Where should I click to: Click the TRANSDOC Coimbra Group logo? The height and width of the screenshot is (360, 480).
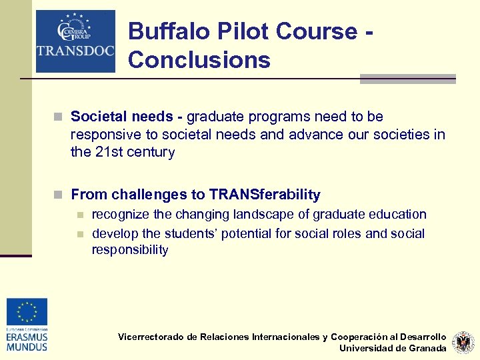pyautogui.click(x=75, y=41)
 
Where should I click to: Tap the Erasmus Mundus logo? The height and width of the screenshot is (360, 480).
pyautogui.click(x=27, y=325)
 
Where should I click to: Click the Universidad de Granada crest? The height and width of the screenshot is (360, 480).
pyautogui.click(x=463, y=343)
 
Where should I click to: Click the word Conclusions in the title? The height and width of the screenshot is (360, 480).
pyautogui.click(x=199, y=60)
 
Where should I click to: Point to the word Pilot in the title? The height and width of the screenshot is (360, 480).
pyautogui.click(x=244, y=31)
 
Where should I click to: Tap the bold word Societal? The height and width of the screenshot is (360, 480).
pyautogui.click(x=97, y=117)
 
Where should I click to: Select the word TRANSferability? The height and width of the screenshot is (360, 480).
pyautogui.click(x=265, y=195)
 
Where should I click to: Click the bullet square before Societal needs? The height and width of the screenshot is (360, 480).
pyautogui.click(x=60, y=117)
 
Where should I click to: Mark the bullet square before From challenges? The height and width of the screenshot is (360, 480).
pyautogui.click(x=60, y=195)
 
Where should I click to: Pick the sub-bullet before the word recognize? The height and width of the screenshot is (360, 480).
pyautogui.click(x=80, y=215)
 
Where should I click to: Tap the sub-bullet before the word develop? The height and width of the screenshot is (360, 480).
pyautogui.click(x=80, y=234)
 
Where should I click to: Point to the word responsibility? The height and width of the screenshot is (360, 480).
pyautogui.click(x=130, y=250)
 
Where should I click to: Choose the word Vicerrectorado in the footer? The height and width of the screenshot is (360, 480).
pyautogui.click(x=150, y=337)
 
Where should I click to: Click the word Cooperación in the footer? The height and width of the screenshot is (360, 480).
pyautogui.click(x=363, y=337)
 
